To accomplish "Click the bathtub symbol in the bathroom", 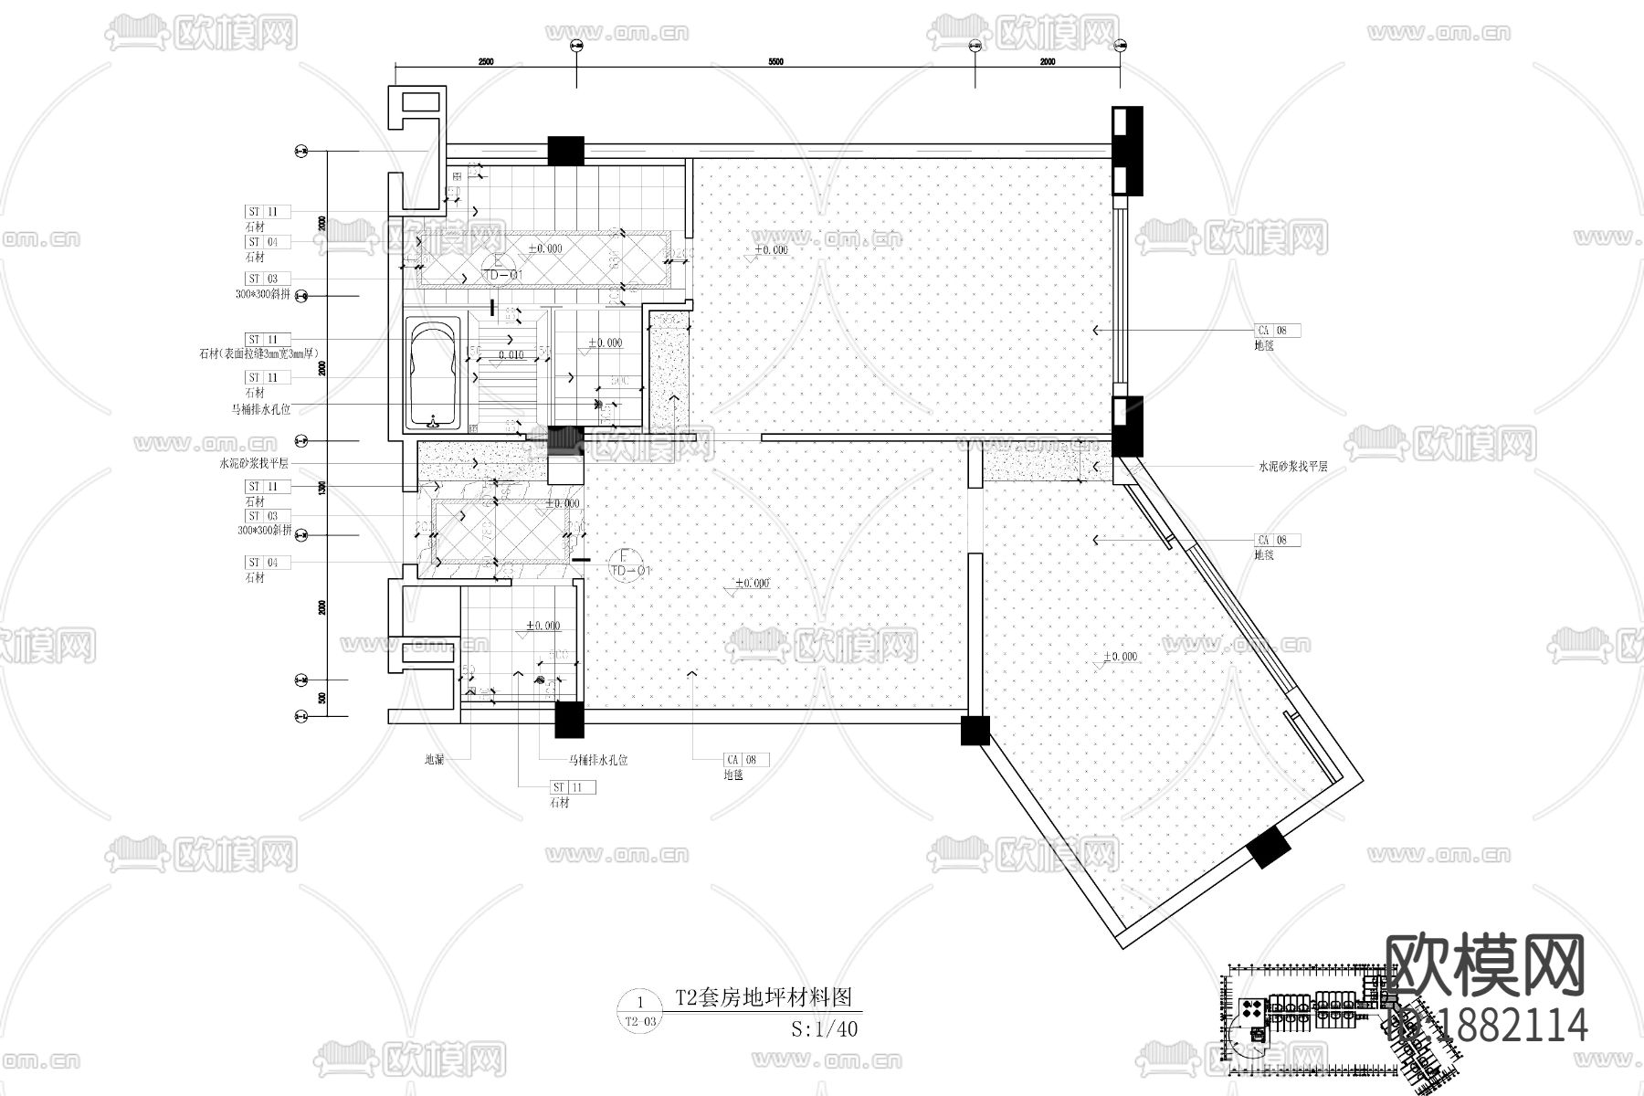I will click(432, 374).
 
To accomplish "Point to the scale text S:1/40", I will click(825, 1028).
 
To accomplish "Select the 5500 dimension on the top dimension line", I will click(775, 61).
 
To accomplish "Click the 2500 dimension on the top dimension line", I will click(485, 61).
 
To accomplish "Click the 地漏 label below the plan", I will click(434, 760).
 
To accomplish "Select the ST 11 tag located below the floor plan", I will click(573, 787).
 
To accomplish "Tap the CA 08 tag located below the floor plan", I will click(746, 760).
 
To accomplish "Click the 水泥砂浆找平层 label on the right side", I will click(1292, 467).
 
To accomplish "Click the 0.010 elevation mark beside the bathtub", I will click(511, 354).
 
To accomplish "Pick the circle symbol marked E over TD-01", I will click(498, 266).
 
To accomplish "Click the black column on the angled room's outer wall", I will click(1269, 848).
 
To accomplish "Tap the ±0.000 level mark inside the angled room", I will click(1121, 657).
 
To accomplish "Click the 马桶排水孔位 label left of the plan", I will click(260, 410).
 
